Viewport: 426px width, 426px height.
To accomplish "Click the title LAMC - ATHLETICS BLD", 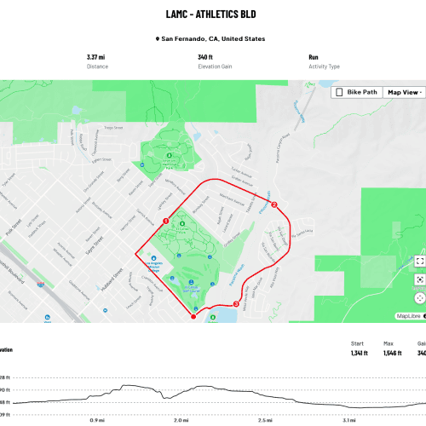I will coord(210,14).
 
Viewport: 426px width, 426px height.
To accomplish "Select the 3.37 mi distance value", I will coord(96,57).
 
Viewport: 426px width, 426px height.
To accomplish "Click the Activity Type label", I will coord(325,65).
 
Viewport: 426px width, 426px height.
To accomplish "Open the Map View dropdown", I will coord(404,92).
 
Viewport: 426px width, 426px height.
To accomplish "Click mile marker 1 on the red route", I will coord(164,222).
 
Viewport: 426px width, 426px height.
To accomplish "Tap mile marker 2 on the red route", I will coord(273,204).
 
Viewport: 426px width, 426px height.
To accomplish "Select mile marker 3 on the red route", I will coord(235,305).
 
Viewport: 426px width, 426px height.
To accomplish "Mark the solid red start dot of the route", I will coord(194,317).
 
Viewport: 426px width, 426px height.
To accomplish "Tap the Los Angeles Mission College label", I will coord(154,265).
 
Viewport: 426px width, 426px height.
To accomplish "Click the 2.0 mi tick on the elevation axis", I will coord(181,396).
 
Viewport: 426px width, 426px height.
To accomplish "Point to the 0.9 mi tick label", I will coord(97,396).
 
